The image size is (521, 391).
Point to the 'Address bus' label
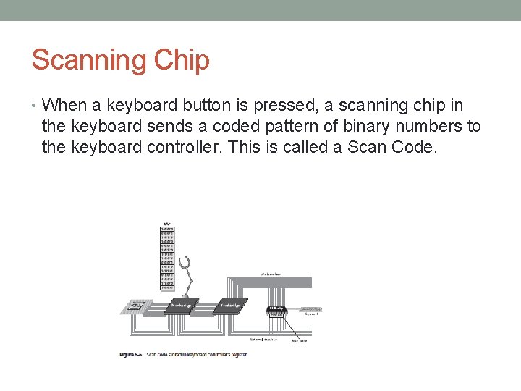coord(271,274)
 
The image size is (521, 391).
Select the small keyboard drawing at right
coord(310,309)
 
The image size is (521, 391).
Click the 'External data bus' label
coord(265,338)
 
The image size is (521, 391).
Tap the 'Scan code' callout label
coord(298,340)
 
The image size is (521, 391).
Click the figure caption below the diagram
coord(184,355)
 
